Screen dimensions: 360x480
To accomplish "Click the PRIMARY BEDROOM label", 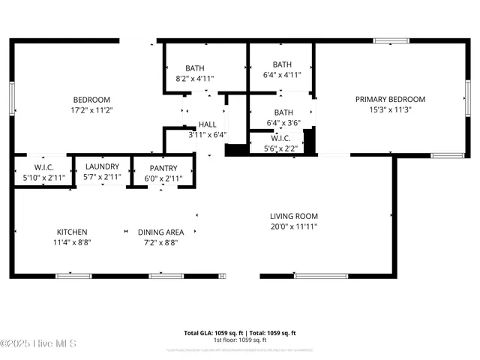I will (x=390, y=99).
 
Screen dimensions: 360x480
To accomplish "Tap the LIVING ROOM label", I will (x=294, y=217).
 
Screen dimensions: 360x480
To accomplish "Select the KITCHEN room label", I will (x=72, y=232).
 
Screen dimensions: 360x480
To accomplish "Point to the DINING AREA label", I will (x=160, y=232).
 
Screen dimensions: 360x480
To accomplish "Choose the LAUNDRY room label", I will (x=102, y=166).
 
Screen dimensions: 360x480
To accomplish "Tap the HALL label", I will (x=208, y=125).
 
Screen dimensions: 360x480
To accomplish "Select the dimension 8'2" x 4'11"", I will (x=195, y=77).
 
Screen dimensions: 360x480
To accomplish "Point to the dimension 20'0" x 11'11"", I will (x=294, y=226).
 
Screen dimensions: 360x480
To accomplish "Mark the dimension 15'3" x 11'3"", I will (x=390, y=109).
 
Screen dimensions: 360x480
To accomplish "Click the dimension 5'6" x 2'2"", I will (x=280, y=148).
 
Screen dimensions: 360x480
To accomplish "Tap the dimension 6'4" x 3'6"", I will (x=283, y=123).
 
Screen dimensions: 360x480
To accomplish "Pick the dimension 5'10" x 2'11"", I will (x=43, y=177).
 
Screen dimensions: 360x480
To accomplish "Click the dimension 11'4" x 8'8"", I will (x=72, y=242).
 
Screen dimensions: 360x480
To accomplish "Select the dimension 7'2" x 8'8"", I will (x=160, y=242).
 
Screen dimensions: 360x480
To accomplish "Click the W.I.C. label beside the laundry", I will (x=43, y=166).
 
